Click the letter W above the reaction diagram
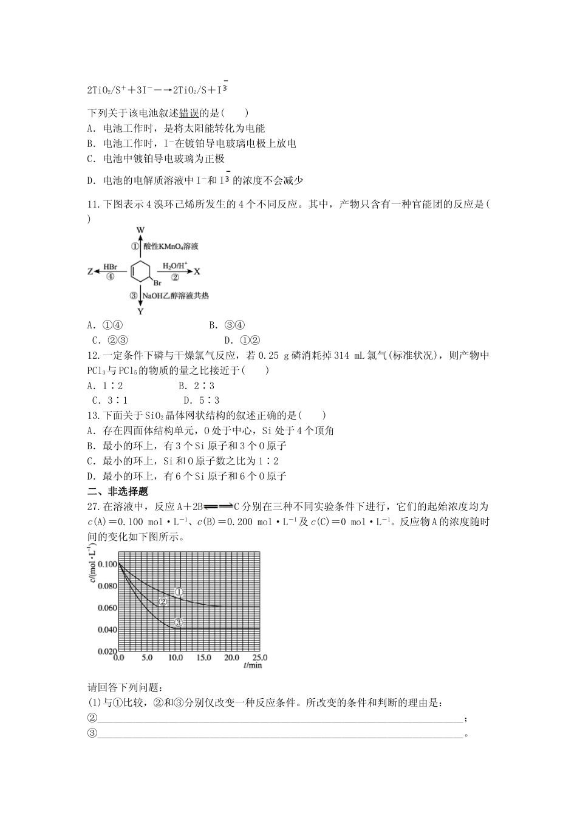[140, 230]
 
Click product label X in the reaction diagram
[197, 271]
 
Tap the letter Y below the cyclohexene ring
[140, 311]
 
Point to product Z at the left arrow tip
[90, 272]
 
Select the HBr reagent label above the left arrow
[110, 266]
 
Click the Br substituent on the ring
[157, 283]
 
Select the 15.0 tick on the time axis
[203, 658]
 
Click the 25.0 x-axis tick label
[259, 658]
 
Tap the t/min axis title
[253, 665]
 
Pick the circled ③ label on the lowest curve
[178, 622]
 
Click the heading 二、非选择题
[118, 492]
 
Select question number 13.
[94, 416]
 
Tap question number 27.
[94, 507]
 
